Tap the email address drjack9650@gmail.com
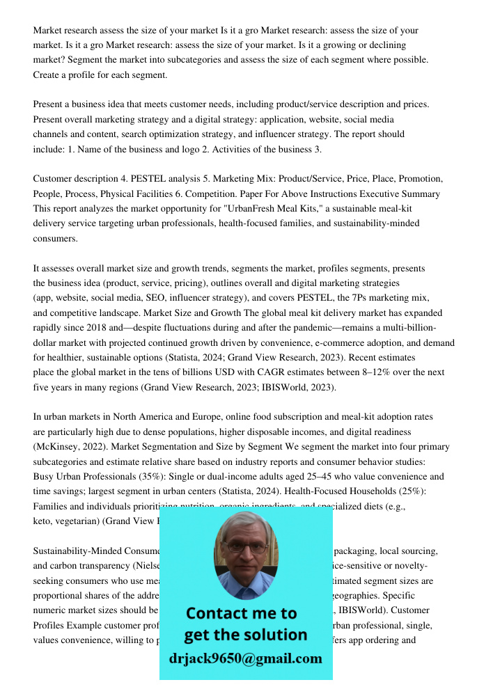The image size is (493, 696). coord(245,658)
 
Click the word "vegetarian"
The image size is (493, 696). coord(77,521)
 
